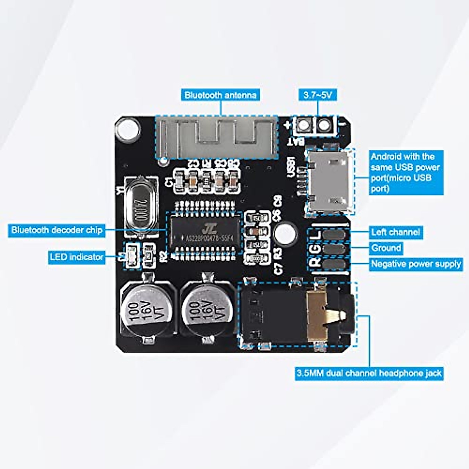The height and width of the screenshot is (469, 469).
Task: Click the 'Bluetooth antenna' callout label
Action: pos(220,95)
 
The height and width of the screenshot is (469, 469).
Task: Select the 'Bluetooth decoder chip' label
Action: pos(57,230)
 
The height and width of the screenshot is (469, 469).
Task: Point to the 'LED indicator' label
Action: pos(77,257)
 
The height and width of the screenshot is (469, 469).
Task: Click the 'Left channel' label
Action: pos(396,232)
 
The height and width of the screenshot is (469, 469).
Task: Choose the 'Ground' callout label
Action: pos(386,248)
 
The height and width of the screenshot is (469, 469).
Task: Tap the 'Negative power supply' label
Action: pos(416,264)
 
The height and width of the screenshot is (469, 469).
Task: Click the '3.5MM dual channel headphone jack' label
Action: pos(369,373)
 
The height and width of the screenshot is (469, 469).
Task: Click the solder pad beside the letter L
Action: pos(335,234)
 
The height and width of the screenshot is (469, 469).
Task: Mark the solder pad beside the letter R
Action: pos(335,264)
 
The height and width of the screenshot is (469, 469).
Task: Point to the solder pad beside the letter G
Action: pos(335,249)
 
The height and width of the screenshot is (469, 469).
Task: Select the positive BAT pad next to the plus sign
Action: pos(303,125)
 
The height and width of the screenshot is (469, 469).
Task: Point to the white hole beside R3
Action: pos(285,233)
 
